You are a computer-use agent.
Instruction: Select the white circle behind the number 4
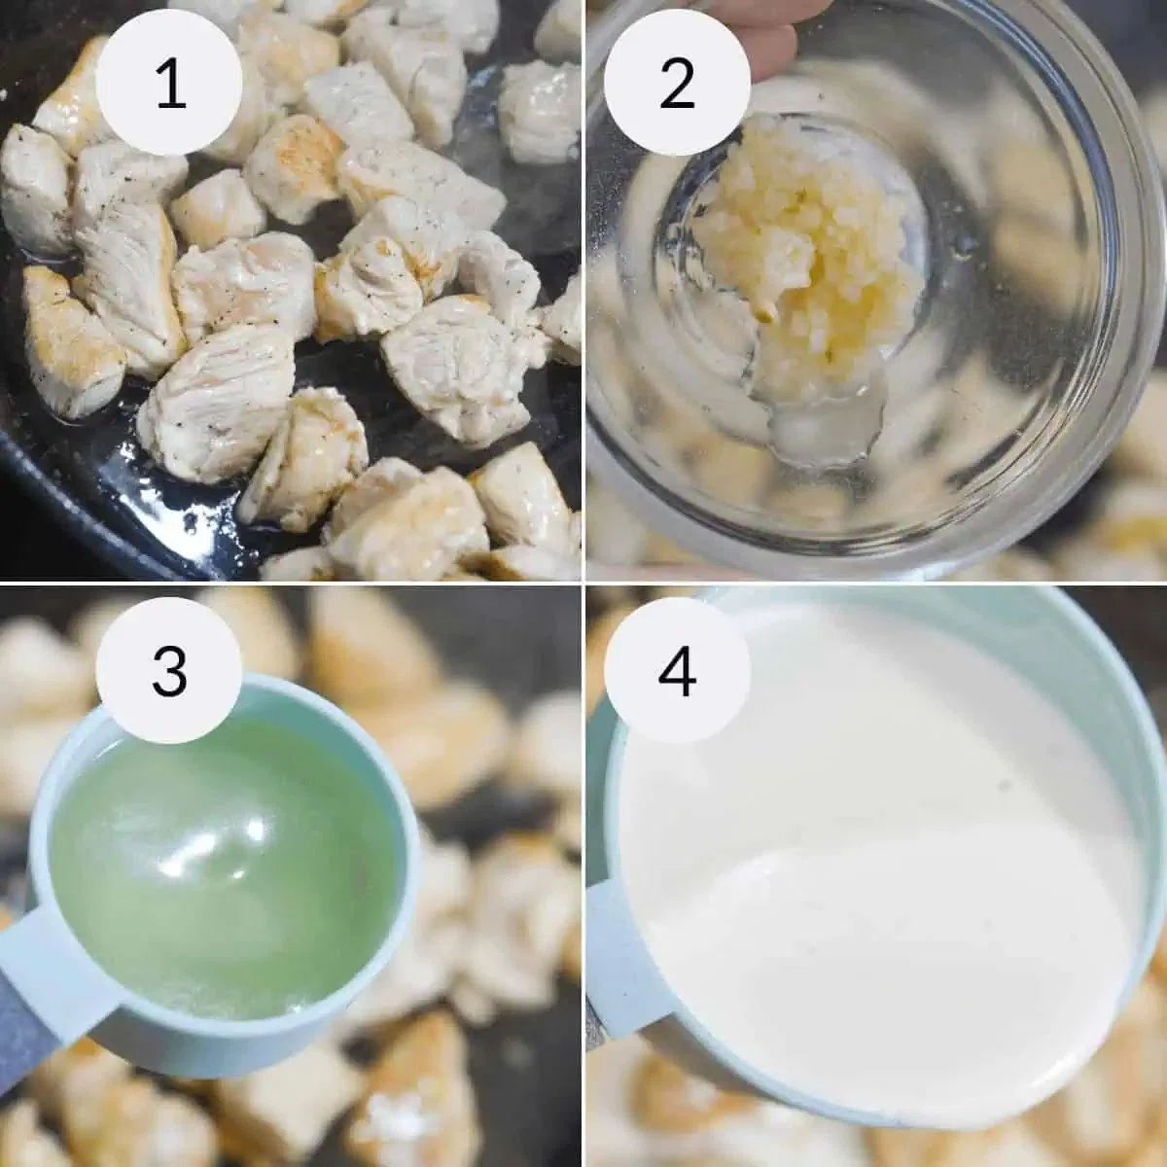pyautogui.click(x=677, y=670)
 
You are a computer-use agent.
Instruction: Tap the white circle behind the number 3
pyautogui.click(x=169, y=670)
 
